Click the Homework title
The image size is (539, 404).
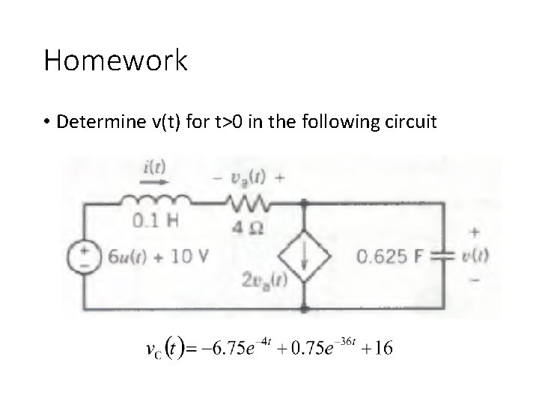[x=115, y=61]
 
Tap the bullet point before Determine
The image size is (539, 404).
[x=47, y=122]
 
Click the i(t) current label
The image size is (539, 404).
[x=153, y=166]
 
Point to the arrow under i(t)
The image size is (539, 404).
[x=153, y=180]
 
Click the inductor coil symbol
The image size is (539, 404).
[x=156, y=201]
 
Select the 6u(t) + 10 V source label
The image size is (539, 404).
[x=158, y=255]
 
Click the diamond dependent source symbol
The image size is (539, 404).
[x=307, y=256]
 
